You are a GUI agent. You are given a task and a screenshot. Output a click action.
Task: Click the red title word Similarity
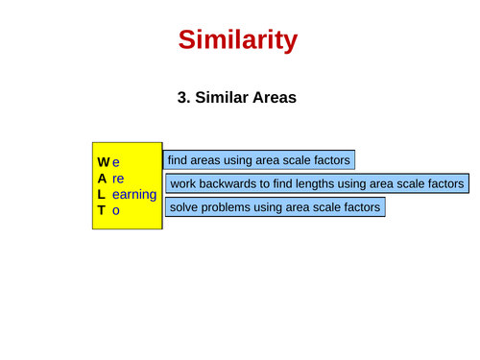point(238,39)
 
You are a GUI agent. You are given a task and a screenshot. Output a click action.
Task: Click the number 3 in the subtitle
point(182,97)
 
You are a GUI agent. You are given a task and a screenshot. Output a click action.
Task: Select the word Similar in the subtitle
point(222,97)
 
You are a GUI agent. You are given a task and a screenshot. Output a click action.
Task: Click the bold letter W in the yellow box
point(104,162)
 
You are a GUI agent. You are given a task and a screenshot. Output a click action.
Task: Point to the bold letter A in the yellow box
point(102,179)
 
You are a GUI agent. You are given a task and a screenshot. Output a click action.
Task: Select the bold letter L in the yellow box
point(101,194)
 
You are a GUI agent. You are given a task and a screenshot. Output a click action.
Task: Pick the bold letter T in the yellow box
point(101,209)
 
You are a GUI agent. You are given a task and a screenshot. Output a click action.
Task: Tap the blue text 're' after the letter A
point(118,179)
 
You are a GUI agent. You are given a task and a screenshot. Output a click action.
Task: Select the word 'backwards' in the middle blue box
point(228,183)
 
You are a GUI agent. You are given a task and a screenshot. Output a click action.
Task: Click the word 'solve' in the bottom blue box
point(184,206)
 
